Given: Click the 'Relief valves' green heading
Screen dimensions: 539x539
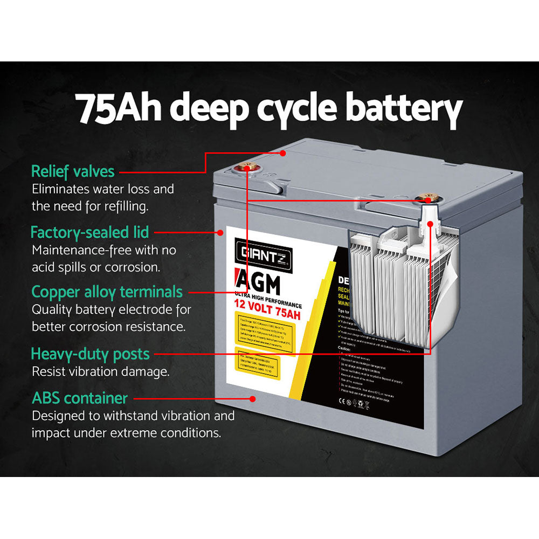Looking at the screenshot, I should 73,171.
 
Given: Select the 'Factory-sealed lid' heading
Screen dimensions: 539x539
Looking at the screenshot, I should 89,233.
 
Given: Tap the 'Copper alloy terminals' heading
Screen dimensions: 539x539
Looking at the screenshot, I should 107,292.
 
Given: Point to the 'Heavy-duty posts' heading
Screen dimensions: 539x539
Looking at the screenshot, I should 90,354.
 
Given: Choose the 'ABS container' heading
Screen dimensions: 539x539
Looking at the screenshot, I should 80,398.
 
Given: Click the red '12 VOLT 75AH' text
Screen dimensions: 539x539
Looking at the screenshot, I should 267,307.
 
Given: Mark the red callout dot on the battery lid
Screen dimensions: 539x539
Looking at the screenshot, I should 282,153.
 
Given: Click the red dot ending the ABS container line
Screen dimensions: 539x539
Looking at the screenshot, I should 252,399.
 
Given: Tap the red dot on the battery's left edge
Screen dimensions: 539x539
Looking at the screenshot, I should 220,233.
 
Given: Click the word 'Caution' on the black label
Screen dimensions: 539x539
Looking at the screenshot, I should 345,349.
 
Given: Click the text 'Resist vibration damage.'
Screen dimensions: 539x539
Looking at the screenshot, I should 101,371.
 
